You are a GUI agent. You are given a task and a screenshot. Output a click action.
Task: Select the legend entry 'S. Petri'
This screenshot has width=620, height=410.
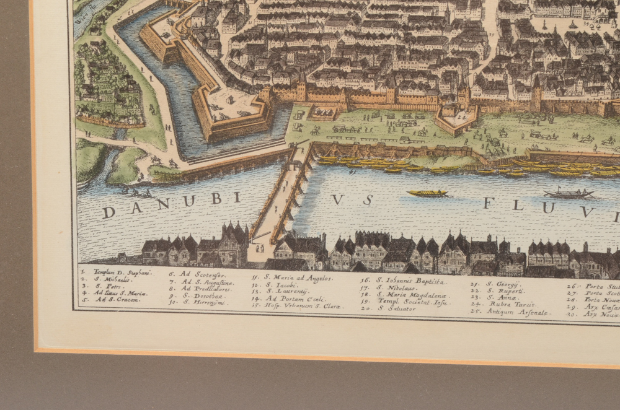[x=107, y=286]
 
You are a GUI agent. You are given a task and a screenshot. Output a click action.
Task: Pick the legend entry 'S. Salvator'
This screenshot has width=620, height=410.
[x=397, y=308]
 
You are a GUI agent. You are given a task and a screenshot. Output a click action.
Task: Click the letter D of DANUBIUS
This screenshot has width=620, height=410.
[x=108, y=212]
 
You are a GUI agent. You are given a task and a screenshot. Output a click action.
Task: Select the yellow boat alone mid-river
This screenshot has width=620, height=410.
[x=427, y=193]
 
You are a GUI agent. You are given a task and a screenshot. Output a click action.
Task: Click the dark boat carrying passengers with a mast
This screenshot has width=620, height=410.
[x=569, y=194]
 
